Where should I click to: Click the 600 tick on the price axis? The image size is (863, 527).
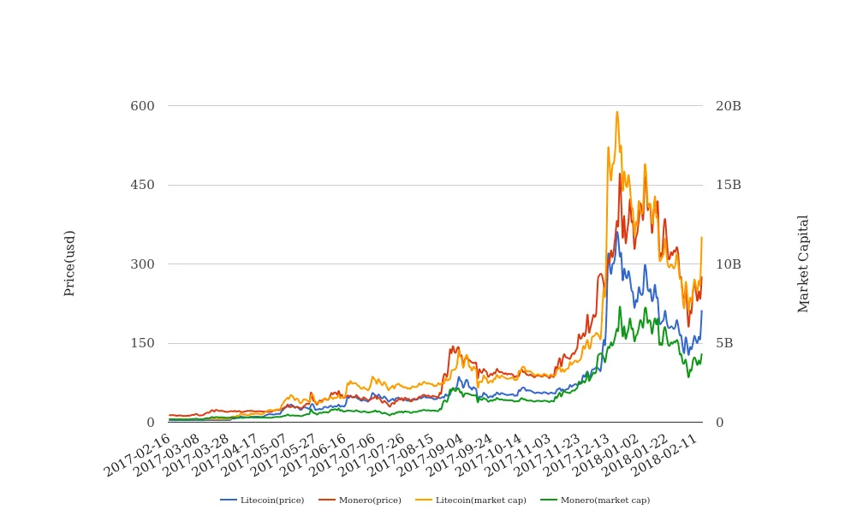pyautogui.click(x=142, y=106)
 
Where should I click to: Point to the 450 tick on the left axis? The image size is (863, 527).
pyautogui.click(x=142, y=185)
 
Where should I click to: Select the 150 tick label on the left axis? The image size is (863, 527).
pyautogui.click(x=142, y=343)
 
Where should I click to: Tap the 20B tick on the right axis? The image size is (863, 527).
pyautogui.click(x=729, y=106)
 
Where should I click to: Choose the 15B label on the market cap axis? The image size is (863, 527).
pyautogui.click(x=729, y=185)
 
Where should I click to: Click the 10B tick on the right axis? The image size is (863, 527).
pyautogui.click(x=729, y=264)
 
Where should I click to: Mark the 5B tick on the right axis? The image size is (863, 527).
pyautogui.click(x=724, y=343)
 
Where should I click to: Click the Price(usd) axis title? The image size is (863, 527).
pyautogui.click(x=70, y=263)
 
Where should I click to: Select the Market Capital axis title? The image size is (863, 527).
pyautogui.click(x=804, y=263)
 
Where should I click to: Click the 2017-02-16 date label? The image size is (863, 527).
pyautogui.click(x=140, y=455)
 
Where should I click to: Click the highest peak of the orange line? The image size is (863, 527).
pyautogui.click(x=616, y=111)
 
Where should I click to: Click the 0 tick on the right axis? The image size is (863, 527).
pyautogui.click(x=720, y=423)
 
